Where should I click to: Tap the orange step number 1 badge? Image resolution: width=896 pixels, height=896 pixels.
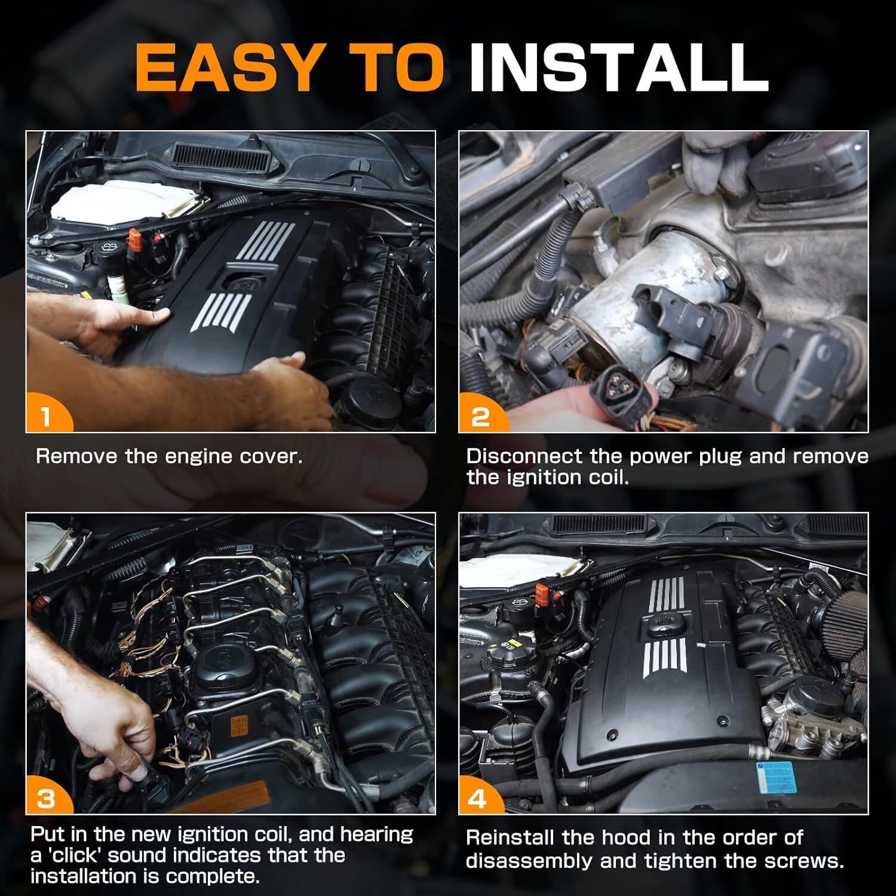tap(48, 414)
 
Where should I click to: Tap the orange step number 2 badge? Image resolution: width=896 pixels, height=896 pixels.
tap(481, 414)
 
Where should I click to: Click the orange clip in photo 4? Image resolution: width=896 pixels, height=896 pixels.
tap(544, 593)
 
